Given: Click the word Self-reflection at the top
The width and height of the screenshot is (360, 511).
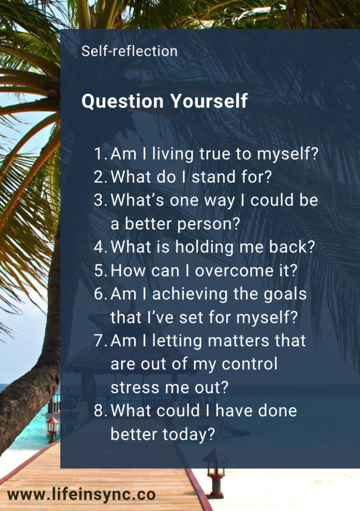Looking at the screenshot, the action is point(130,51).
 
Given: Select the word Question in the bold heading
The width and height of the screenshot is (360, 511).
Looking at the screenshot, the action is point(123,101).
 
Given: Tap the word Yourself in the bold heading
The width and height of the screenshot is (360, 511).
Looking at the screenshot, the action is point(209,101).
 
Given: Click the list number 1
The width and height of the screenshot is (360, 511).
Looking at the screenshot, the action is point(100,154).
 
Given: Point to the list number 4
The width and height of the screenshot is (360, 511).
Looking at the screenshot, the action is point(100,247).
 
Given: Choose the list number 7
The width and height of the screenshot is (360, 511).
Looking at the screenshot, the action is point(100,340).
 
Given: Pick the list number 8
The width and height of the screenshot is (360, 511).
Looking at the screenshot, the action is point(100,411).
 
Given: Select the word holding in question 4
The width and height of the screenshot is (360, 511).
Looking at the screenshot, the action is point(205,248).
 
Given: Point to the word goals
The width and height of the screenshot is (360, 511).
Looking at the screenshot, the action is point(285,294).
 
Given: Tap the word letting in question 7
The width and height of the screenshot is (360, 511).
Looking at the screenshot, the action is point(177,341).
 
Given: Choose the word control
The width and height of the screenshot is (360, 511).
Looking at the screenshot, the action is point(250,364).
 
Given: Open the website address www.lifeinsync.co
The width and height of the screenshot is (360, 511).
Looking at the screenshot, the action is point(81,495).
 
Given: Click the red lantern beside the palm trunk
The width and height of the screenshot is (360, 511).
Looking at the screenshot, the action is point(52,430).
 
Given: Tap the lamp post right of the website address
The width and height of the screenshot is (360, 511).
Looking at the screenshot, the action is point(215,473).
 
